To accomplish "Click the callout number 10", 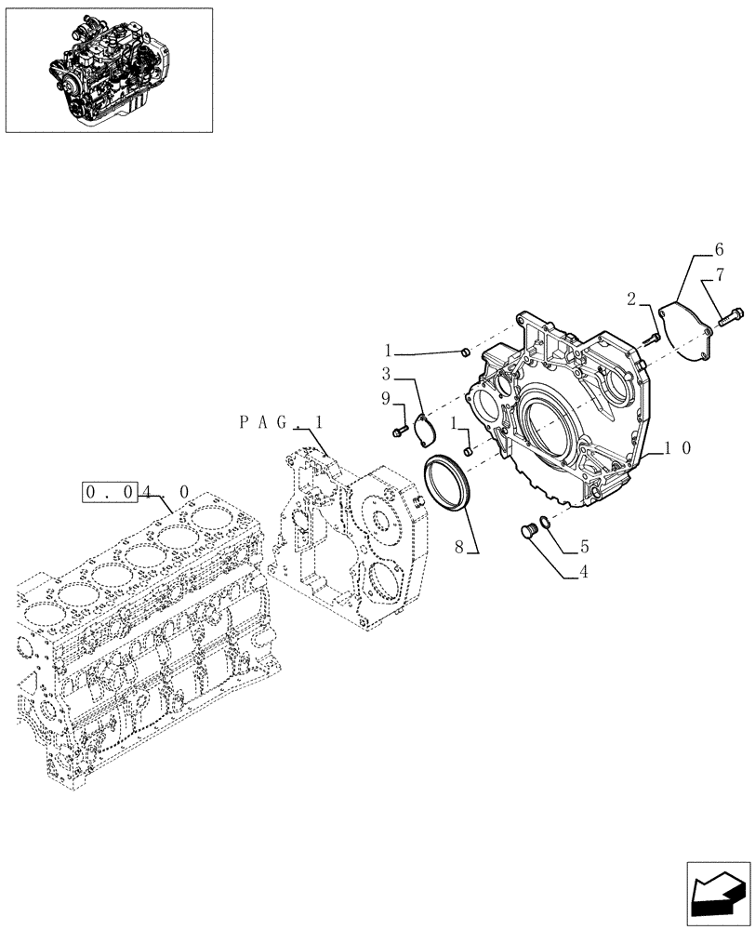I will pos(677,447).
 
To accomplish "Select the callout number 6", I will pos(718,249).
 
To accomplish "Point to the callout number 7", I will pos(719,275).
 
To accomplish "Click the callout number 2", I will pos(631,299).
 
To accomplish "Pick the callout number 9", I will pos(386,399).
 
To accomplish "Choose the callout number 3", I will pos(385,374).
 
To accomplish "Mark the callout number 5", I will pos(584,546).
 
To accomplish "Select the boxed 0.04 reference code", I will pos(110,491).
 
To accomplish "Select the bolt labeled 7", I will pos(729,317).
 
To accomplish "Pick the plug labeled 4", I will pos(526,531).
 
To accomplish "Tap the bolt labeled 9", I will pos(400,430).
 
